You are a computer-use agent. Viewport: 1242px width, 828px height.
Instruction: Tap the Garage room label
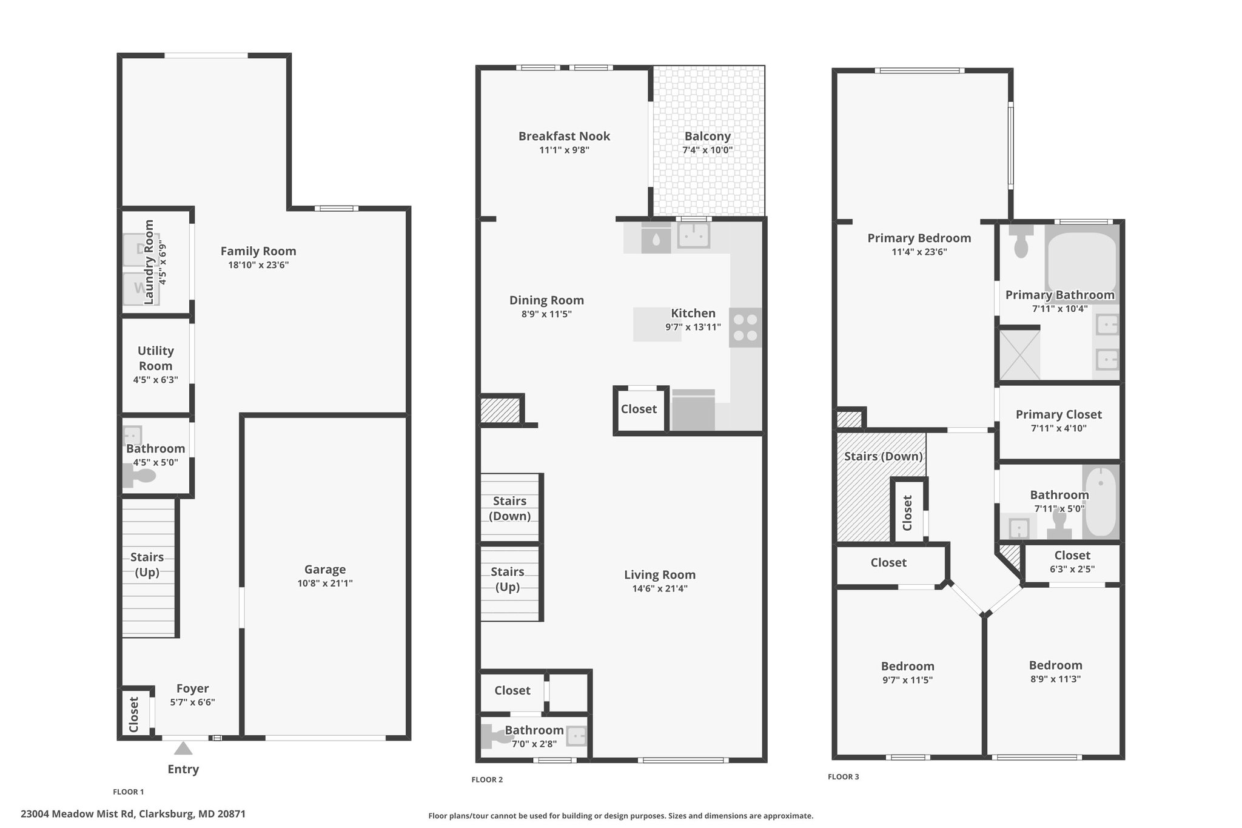(325, 569)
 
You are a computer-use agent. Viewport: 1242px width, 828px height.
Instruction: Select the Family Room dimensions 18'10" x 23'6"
(258, 264)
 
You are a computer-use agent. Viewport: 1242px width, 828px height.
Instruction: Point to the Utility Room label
(156, 358)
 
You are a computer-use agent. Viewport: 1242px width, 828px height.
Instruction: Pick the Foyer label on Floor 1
(193, 688)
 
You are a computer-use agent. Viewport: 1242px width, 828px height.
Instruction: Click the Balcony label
(708, 136)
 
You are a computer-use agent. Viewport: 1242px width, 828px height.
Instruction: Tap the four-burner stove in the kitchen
(745, 328)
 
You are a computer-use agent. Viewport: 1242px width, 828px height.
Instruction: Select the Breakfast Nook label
(564, 136)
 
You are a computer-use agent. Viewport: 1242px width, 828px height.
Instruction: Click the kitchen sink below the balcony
(694, 235)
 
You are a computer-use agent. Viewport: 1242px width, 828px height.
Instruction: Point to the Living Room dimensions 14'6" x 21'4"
(660, 588)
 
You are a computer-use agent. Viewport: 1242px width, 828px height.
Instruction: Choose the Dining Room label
(546, 300)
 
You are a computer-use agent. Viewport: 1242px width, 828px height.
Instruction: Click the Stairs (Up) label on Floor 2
(508, 579)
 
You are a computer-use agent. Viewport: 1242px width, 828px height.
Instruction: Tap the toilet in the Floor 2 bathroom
(497, 737)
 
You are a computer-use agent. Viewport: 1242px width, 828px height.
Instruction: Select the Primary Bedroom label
(919, 238)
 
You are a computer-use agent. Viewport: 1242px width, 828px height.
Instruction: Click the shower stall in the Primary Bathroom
(1020, 354)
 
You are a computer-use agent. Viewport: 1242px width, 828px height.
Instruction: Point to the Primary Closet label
(1059, 414)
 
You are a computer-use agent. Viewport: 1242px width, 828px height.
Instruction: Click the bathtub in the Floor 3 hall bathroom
(1101, 501)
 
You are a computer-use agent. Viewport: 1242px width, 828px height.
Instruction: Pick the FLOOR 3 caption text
(844, 776)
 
